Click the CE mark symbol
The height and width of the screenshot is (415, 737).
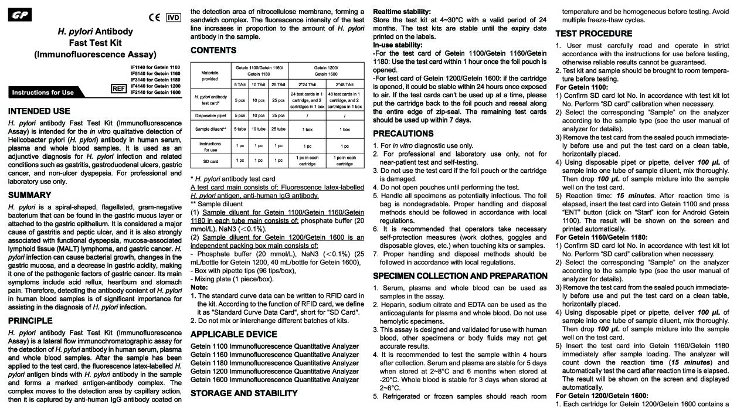click(x=155, y=17)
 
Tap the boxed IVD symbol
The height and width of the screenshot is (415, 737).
click(x=174, y=17)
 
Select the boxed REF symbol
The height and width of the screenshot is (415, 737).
click(x=119, y=89)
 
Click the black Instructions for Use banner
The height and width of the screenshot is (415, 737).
click(x=43, y=92)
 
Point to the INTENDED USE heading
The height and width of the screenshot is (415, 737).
click(x=39, y=111)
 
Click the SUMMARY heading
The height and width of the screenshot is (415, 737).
click(x=30, y=195)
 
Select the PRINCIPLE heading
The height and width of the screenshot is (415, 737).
click(x=31, y=321)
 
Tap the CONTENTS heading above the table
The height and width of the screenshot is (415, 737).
click(x=213, y=50)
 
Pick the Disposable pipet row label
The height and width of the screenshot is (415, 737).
click(x=210, y=115)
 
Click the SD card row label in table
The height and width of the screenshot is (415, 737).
click(x=210, y=161)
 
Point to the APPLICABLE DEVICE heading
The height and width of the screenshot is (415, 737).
click(x=234, y=334)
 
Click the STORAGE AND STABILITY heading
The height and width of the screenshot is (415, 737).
click(x=244, y=393)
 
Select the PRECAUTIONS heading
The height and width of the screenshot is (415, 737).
click(x=403, y=134)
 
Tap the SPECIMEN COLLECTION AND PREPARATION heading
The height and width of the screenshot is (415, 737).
click(x=460, y=276)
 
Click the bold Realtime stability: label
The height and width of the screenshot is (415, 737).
click(x=402, y=11)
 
